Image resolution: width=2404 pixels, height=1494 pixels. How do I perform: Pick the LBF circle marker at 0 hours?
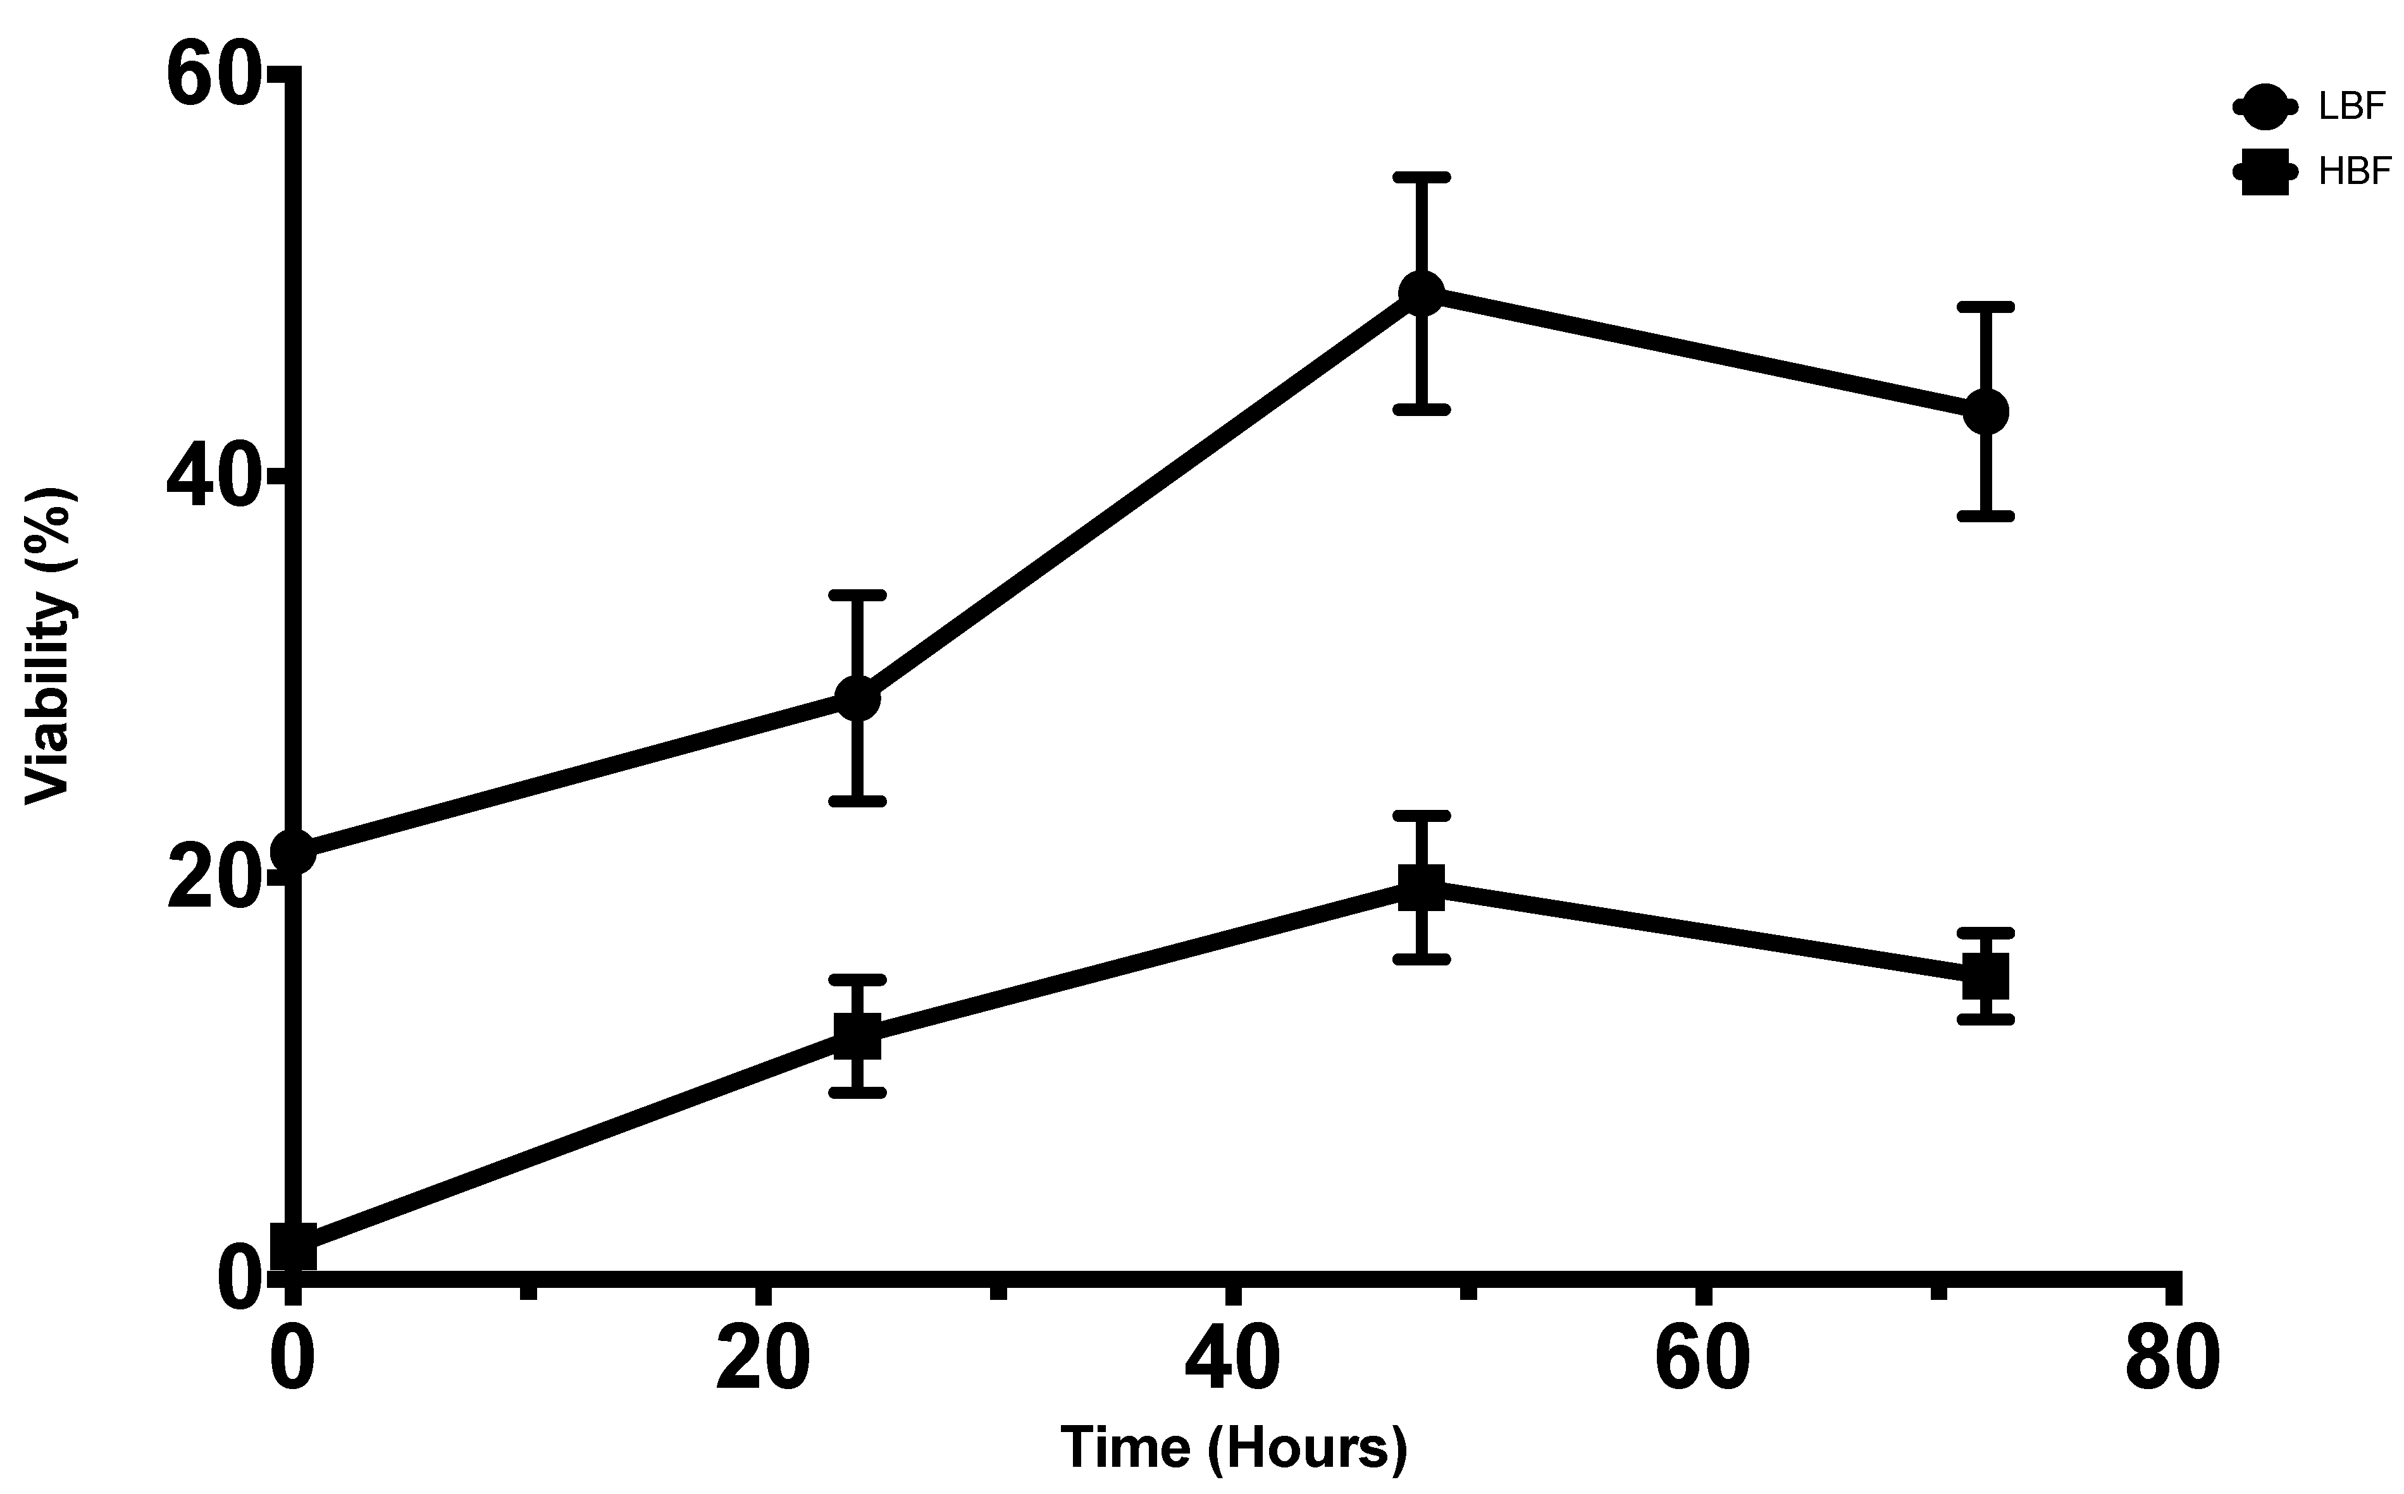[294, 852]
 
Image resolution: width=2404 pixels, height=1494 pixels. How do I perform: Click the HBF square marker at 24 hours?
[857, 1036]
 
